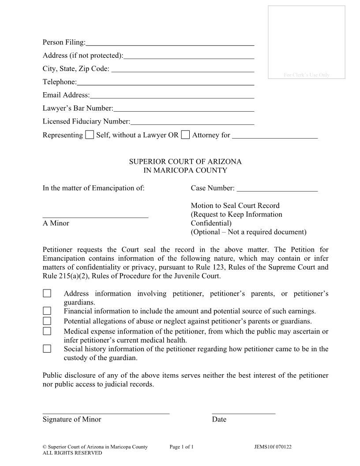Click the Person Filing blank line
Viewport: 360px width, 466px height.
[170, 43]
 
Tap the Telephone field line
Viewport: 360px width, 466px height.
[165, 83]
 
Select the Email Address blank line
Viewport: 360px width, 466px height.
[172, 96]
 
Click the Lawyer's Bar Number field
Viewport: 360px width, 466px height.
[184, 109]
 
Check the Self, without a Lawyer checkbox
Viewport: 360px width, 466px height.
[90, 135]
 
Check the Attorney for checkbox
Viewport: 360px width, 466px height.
[186, 135]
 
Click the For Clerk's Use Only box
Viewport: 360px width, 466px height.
[307, 42]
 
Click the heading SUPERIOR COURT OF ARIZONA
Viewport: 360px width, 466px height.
[185, 162]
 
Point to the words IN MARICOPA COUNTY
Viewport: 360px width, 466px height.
[185, 170]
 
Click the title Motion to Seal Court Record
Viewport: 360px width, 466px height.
[235, 206]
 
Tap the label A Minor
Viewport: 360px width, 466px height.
[56, 223]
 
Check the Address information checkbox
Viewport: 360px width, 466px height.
[47, 293]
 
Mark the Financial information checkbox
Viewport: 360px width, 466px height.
[47, 311]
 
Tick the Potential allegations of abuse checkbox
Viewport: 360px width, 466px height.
[47, 321]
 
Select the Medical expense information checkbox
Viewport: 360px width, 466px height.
[47, 331]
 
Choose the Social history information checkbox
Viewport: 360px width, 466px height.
[47, 349]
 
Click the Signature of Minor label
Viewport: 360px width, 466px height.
[72, 420]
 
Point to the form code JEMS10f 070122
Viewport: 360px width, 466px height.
[273, 447]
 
